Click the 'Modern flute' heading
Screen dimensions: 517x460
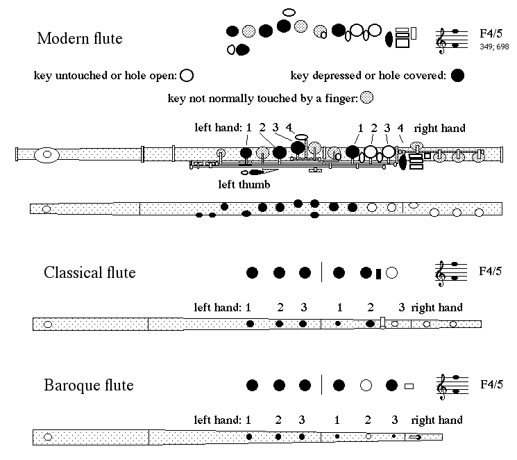[80, 38]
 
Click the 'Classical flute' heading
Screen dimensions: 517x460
[90, 273]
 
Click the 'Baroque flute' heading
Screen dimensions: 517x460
[89, 386]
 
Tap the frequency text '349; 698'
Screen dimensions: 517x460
[494, 47]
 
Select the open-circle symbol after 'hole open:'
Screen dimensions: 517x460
[187, 76]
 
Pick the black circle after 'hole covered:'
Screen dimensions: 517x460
[457, 75]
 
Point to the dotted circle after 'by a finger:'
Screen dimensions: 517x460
[366, 98]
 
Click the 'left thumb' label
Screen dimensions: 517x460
[244, 184]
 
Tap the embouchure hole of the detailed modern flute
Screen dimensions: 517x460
[46, 154]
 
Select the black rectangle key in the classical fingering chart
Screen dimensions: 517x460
[378, 274]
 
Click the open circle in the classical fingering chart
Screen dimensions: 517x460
[391, 273]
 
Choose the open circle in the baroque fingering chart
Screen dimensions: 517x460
[366, 386]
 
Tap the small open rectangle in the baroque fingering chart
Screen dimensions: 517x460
[409, 386]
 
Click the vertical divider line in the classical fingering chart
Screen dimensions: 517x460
[321, 272]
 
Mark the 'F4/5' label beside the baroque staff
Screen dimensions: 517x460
[491, 384]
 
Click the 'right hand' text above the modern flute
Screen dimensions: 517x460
[439, 128]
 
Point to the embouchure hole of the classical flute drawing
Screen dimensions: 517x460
[48, 325]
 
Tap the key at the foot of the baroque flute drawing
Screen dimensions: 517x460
[415, 438]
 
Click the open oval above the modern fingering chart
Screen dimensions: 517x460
[289, 13]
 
